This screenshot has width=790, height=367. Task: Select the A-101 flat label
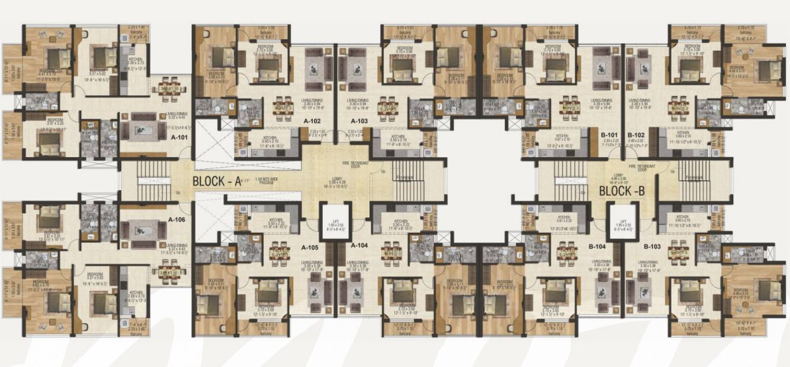(x=179, y=138)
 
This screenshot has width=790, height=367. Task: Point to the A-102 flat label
(x=312, y=120)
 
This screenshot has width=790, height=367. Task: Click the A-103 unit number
(x=359, y=120)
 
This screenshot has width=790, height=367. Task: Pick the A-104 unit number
(x=360, y=245)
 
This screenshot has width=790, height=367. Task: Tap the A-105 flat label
(x=310, y=248)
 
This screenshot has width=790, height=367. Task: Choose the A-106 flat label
(x=177, y=219)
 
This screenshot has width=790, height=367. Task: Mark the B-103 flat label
(x=652, y=245)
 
